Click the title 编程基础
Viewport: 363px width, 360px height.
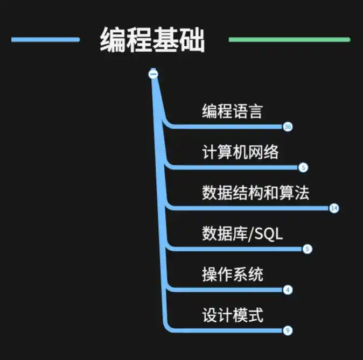click(152, 40)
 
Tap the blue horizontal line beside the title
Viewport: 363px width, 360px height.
click(45, 39)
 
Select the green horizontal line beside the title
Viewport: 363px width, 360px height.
click(289, 39)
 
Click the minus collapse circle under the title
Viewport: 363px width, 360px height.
click(153, 74)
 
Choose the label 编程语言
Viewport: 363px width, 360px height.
click(232, 111)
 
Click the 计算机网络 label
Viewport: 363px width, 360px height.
click(240, 152)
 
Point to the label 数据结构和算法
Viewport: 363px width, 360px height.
click(255, 193)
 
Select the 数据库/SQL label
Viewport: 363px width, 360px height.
click(242, 234)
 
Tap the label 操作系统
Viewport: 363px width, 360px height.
click(232, 274)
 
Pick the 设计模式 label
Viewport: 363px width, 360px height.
click(232, 315)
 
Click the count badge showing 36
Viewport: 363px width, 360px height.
click(288, 127)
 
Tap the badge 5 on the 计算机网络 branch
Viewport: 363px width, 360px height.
click(303, 167)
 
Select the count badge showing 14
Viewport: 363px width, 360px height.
click(334, 208)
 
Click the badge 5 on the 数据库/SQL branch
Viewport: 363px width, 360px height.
click(308, 249)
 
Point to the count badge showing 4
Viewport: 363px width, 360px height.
click(288, 290)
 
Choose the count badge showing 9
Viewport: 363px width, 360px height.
click(288, 330)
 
